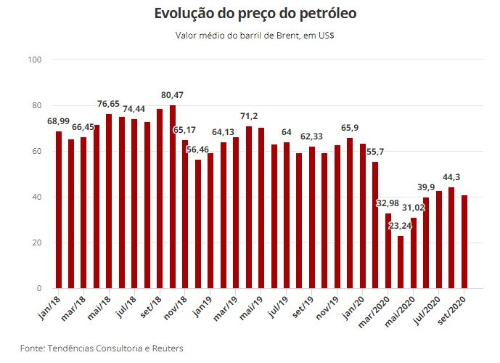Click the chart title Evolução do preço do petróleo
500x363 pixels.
255,14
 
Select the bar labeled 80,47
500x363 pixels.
173,197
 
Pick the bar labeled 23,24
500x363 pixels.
401,262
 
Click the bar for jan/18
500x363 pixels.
59,210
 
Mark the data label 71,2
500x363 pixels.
249,117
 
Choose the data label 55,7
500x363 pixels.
374,152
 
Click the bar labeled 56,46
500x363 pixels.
197,224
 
